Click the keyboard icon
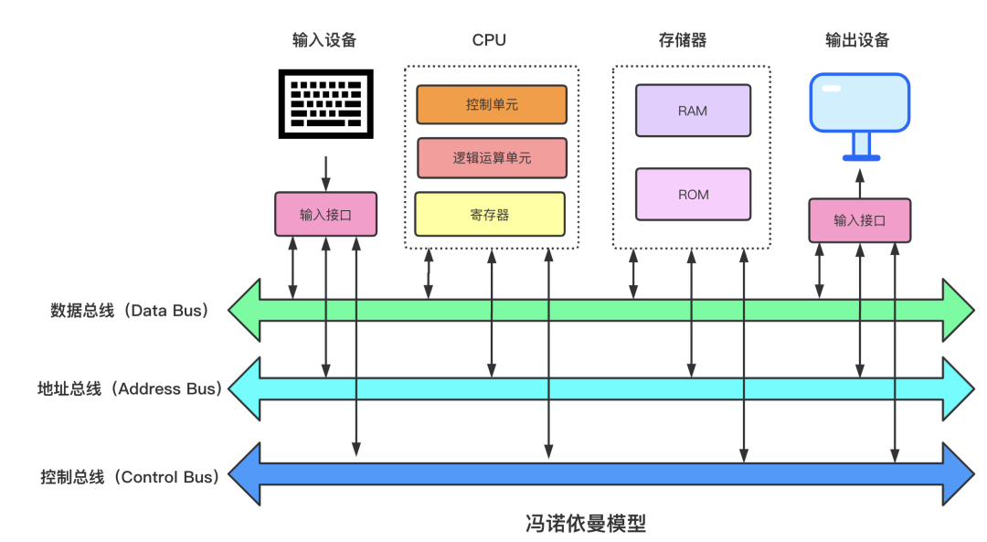pyautogui.click(x=326, y=105)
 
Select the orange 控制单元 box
pyautogui.click(x=492, y=104)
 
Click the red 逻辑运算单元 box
pyautogui.click(x=492, y=157)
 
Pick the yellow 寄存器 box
pyautogui.click(x=490, y=214)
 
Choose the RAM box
pyautogui.click(x=693, y=111)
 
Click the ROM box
pyautogui.click(x=693, y=194)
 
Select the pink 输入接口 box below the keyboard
pyautogui.click(x=325, y=215)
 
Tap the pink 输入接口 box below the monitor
pyautogui.click(x=859, y=220)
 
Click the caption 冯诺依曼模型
pyautogui.click(x=585, y=524)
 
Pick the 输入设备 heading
pyautogui.click(x=324, y=40)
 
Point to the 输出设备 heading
pyautogui.click(x=856, y=40)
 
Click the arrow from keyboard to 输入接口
pyautogui.click(x=326, y=172)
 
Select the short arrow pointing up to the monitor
pyautogui.click(x=859, y=185)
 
